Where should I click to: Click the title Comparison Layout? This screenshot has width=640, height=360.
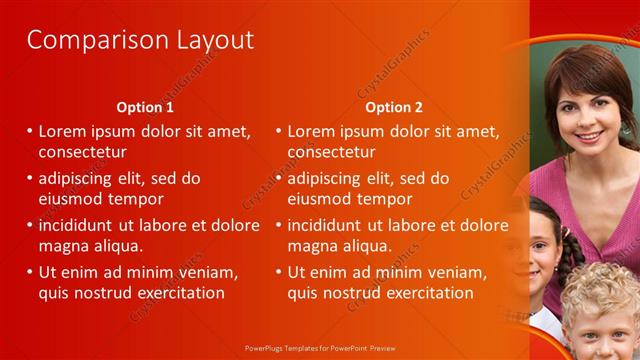pyautogui.click(x=140, y=40)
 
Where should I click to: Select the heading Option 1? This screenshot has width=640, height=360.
pyautogui.click(x=145, y=107)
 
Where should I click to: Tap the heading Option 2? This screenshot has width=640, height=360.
pyautogui.click(x=394, y=107)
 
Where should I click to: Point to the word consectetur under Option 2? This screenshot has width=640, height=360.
pyautogui.click(x=331, y=153)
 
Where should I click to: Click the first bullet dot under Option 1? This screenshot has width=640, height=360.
pyautogui.click(x=30, y=131)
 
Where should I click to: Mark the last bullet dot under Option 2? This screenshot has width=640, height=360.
pyautogui.click(x=279, y=271)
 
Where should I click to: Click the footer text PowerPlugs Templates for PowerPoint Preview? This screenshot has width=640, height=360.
pyautogui.click(x=320, y=349)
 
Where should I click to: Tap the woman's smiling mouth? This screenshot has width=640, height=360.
pyautogui.click(x=588, y=135)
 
